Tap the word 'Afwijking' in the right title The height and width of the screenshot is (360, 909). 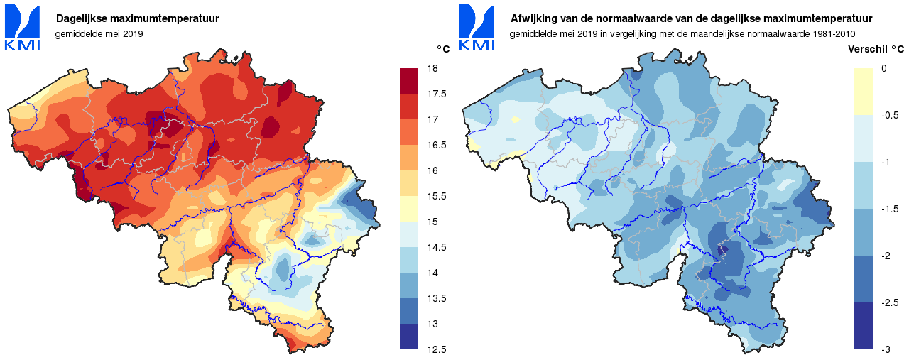click(534, 18)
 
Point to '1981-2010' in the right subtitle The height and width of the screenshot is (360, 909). click(832, 33)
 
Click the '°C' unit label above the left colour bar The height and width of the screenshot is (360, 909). click(443, 49)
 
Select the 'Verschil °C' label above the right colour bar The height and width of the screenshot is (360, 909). click(876, 49)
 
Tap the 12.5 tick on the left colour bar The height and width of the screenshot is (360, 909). click(436, 349)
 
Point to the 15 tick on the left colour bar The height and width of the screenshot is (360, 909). click(432, 222)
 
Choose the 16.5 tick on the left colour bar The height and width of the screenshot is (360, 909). click(436, 145)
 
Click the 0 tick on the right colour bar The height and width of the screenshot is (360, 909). click(883, 68)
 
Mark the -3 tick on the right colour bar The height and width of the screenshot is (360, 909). click(886, 349)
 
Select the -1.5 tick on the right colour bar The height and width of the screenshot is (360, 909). click(890, 209)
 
